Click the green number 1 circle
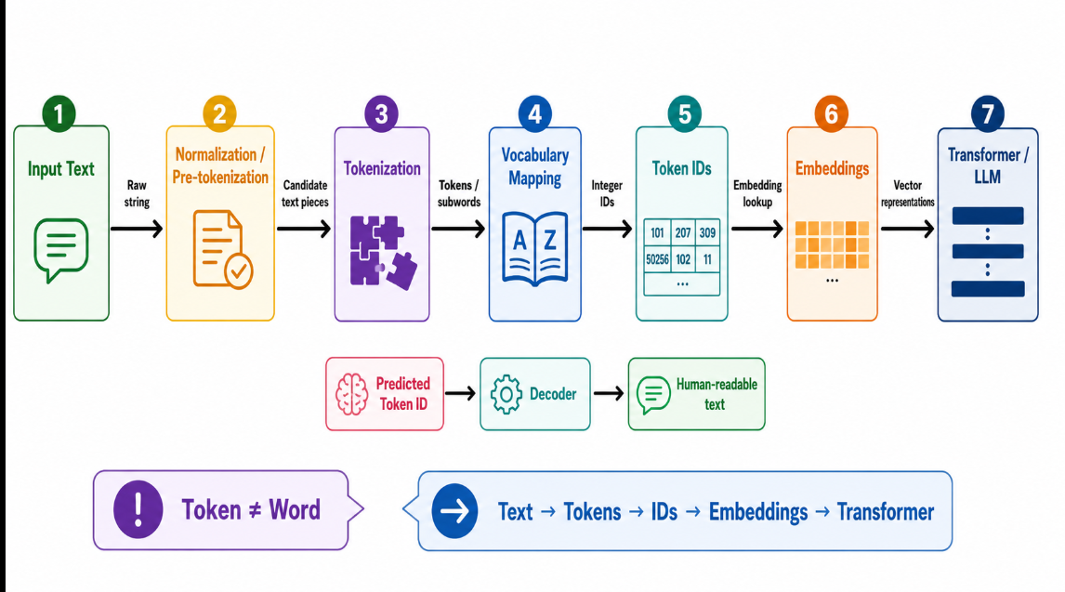click(59, 113)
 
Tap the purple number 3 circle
click(381, 114)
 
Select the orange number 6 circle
click(831, 114)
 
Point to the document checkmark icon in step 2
click(223, 249)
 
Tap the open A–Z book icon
click(535, 249)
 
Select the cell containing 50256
click(657, 259)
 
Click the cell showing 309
click(707, 233)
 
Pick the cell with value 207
click(683, 233)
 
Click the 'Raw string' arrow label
click(137, 193)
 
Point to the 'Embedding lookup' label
click(757, 193)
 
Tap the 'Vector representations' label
click(907, 193)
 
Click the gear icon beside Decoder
click(506, 394)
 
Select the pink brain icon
click(352, 394)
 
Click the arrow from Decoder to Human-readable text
click(609, 393)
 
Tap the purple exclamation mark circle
click(138, 510)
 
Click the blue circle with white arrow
click(454, 510)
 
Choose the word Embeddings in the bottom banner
click(758, 512)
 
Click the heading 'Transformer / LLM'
click(988, 165)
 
